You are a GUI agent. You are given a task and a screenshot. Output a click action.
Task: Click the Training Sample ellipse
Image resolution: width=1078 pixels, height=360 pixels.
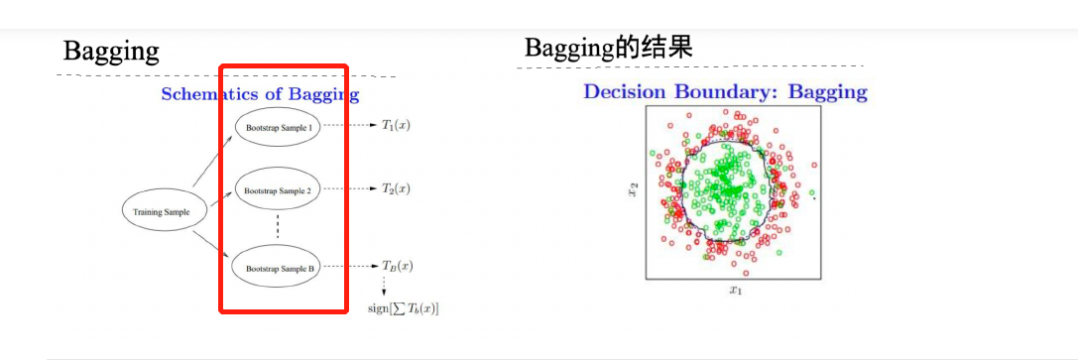coord(165,211)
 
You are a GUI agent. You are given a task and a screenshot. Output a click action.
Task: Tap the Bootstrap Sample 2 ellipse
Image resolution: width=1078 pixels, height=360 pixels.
coord(278,189)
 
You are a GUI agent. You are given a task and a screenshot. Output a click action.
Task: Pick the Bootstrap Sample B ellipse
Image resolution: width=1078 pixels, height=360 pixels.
coord(278,267)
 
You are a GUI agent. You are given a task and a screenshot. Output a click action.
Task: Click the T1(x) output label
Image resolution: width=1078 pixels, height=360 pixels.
coord(396,126)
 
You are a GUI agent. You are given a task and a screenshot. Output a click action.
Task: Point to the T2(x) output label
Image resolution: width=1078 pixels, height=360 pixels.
coord(396,188)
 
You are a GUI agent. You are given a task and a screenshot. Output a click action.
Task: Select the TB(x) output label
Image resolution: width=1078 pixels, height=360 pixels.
coord(397,265)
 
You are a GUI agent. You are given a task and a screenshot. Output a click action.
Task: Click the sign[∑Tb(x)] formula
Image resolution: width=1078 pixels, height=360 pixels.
coord(404,308)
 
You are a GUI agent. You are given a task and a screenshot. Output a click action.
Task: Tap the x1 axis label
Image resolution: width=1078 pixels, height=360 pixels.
coord(736,290)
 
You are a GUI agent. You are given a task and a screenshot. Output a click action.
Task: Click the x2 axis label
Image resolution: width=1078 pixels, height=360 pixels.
coord(633,188)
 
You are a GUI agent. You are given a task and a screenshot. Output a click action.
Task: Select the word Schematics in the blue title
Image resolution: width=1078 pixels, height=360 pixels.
coord(210,95)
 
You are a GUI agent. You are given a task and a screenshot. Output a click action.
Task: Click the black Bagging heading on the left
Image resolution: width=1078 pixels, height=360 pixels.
coord(111,51)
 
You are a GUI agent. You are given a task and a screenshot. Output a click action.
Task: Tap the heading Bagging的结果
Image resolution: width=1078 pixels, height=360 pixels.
coord(609,48)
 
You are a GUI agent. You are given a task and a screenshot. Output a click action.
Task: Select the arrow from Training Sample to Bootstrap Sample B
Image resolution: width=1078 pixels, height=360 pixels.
coord(212,245)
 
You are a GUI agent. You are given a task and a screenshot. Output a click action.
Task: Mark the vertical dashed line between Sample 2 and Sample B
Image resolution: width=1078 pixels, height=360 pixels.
coord(278,227)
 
